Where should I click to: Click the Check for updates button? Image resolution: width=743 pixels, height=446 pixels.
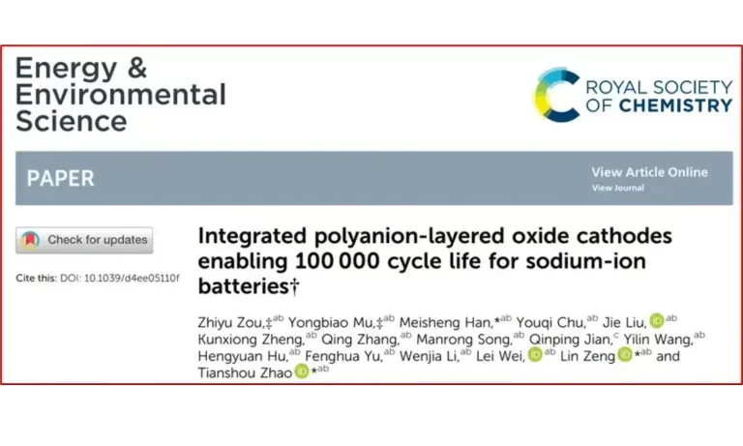[x=84, y=240]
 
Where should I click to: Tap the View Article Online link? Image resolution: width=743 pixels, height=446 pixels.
[x=649, y=172]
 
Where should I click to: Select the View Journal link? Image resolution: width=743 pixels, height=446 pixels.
[x=617, y=188]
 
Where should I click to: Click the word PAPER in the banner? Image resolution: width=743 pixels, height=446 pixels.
[x=60, y=178]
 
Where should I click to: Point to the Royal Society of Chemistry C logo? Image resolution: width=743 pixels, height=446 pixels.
[x=556, y=95]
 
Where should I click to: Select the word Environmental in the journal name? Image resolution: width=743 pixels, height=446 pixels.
[x=121, y=95]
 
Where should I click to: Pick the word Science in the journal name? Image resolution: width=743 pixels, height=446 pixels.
[x=72, y=121]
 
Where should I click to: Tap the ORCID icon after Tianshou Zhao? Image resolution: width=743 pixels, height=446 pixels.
[x=301, y=373]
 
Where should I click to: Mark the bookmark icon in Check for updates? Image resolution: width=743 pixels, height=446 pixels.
[x=31, y=240]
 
